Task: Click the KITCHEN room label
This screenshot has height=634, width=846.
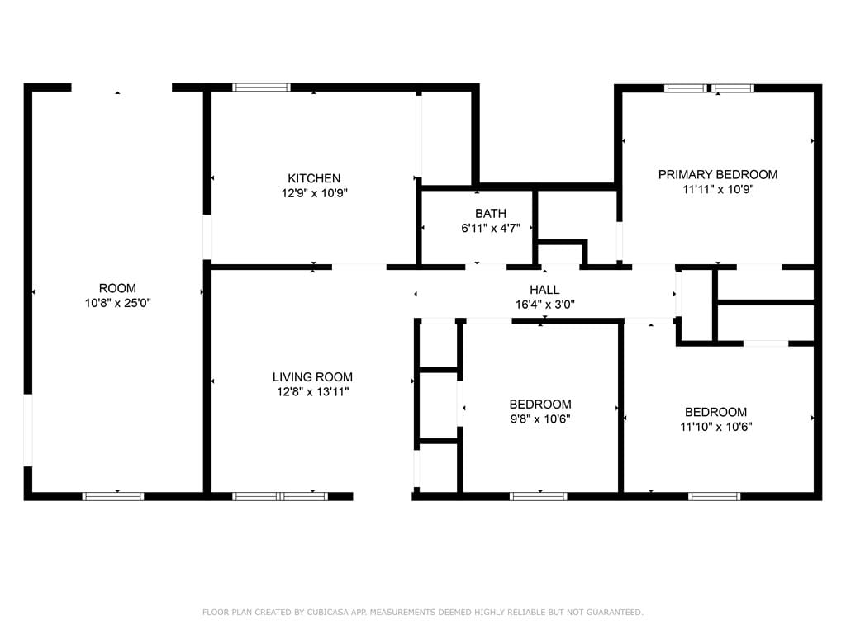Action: coord(313,178)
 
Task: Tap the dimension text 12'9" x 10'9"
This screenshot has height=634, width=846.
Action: coord(313,193)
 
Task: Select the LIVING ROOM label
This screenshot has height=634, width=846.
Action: coord(312,377)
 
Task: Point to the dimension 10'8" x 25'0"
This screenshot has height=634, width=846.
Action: coord(117,303)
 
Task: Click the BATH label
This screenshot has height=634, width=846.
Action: coord(490,214)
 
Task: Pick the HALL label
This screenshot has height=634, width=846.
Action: coord(544,290)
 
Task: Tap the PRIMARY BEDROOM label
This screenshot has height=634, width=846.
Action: coord(717,174)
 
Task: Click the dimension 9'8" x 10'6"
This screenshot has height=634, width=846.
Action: coord(539,419)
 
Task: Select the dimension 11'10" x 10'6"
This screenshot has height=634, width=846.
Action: coord(715,427)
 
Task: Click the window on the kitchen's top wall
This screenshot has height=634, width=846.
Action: coord(261,87)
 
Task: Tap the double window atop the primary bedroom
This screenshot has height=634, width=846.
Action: coord(710,88)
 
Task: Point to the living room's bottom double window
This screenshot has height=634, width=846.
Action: coord(280,496)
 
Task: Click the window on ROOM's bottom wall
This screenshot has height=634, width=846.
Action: coord(112,496)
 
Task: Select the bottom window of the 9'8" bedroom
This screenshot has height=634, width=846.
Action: coord(538,496)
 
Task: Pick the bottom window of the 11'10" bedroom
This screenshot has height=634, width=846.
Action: coord(714,496)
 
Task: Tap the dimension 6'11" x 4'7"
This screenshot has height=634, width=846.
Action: coord(490,229)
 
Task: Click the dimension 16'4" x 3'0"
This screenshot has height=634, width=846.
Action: coord(544,304)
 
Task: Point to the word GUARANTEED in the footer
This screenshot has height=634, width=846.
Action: coord(613,613)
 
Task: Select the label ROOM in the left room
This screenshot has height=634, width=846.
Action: coord(117,288)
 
